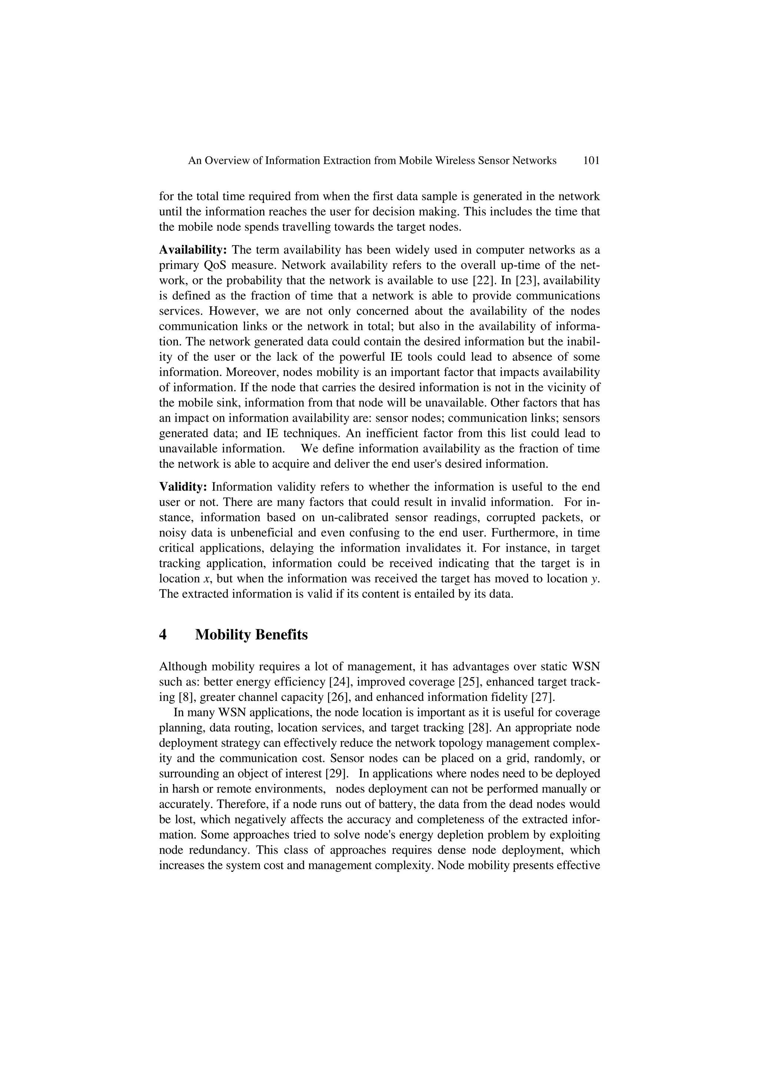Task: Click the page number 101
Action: (591, 161)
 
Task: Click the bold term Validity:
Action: (183, 487)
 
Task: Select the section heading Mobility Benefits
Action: (251, 635)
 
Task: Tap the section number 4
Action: (163, 635)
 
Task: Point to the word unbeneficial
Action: (263, 533)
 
